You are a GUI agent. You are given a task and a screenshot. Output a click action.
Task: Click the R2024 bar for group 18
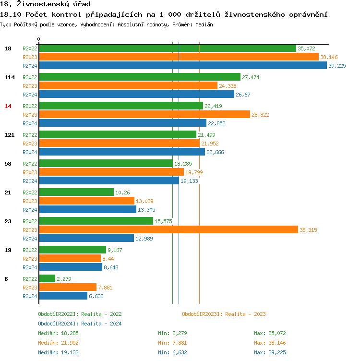[x=182, y=66]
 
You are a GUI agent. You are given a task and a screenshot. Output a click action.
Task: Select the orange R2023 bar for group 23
[x=168, y=230]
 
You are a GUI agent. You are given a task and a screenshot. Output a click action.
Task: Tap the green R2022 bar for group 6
[x=47, y=279]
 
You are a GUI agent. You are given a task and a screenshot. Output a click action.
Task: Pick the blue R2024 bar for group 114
[x=136, y=95]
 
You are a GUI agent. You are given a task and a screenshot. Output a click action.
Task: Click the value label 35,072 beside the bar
[x=307, y=48]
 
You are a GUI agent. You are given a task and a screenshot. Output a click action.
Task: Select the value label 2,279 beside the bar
[x=64, y=279]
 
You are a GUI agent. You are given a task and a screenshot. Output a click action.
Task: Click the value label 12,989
[x=145, y=239]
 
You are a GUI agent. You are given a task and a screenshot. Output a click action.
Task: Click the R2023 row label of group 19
[x=30, y=259]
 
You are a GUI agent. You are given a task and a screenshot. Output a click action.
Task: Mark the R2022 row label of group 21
[x=30, y=193]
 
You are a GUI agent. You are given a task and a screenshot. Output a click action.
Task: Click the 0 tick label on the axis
[x=39, y=39]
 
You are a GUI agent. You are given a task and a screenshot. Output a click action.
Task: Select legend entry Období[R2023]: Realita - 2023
[x=224, y=314]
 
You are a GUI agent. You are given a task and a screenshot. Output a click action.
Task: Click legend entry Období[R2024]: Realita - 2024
[x=80, y=324]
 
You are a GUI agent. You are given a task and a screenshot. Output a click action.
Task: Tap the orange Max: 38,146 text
[x=270, y=343]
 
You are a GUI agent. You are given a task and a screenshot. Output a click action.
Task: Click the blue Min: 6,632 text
[x=172, y=352]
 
